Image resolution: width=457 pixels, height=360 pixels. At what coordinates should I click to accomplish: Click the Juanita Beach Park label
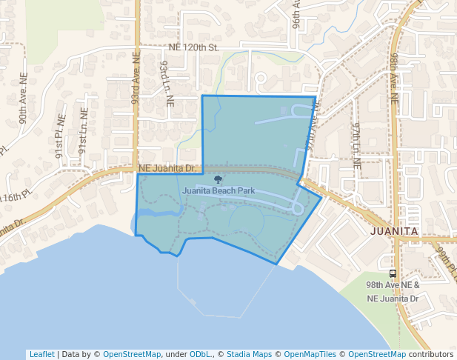click(x=219, y=190)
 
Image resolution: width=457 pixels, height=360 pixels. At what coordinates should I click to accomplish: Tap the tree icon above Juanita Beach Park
click(x=217, y=179)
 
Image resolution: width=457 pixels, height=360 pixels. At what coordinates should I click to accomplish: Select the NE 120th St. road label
click(x=195, y=47)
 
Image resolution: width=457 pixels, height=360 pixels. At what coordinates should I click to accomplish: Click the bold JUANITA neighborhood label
click(x=394, y=231)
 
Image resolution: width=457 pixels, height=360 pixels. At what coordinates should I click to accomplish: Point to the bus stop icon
click(x=393, y=273)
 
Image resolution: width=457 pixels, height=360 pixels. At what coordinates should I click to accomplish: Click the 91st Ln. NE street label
click(x=82, y=130)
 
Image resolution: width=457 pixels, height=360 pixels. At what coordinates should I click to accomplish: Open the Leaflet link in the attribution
click(x=41, y=354)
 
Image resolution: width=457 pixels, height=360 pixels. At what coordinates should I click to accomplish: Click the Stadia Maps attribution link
click(x=249, y=354)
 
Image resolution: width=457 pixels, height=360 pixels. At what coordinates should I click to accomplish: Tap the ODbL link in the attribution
click(x=200, y=354)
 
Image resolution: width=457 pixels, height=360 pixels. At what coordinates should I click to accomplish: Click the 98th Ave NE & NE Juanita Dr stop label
click(x=393, y=291)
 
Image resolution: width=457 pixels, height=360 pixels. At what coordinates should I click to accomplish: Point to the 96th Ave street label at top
click(x=296, y=13)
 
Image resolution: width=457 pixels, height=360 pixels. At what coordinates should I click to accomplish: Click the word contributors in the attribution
click(x=430, y=354)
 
